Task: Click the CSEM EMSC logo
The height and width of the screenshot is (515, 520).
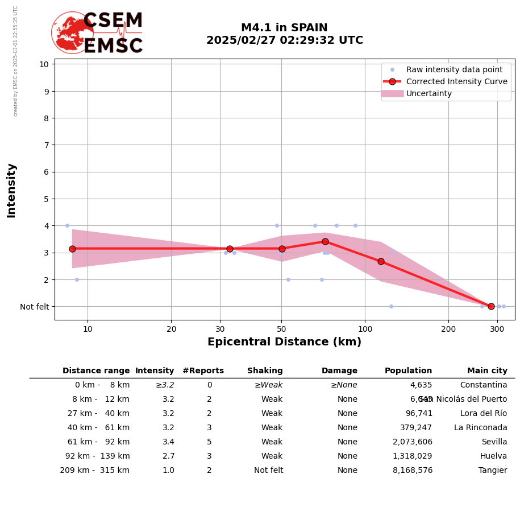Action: tap(97, 33)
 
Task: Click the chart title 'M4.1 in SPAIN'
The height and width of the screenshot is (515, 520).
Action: tap(284, 28)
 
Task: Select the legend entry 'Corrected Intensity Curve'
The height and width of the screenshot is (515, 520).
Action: tap(456, 81)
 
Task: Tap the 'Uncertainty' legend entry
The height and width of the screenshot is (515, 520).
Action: tap(429, 93)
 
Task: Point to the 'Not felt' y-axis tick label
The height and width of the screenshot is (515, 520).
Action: tap(34, 307)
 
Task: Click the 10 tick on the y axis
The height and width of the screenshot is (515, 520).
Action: tap(44, 64)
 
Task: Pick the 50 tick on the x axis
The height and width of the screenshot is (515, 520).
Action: tap(282, 329)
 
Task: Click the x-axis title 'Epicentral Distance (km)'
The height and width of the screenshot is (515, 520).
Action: tap(284, 342)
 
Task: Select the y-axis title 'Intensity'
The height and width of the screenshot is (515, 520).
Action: tap(11, 190)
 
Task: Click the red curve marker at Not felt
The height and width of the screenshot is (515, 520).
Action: tap(491, 306)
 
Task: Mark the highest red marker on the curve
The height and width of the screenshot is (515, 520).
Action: tap(325, 241)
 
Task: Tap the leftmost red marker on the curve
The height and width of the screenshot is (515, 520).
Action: tap(72, 249)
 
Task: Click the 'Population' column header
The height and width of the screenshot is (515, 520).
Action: tap(408, 371)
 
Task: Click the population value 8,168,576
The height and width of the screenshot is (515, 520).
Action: tap(412, 471)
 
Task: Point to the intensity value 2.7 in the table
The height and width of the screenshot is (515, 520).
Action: tap(168, 456)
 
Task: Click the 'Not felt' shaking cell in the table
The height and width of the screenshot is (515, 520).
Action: tap(268, 471)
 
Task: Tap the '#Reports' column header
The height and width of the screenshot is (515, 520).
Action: tap(203, 371)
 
